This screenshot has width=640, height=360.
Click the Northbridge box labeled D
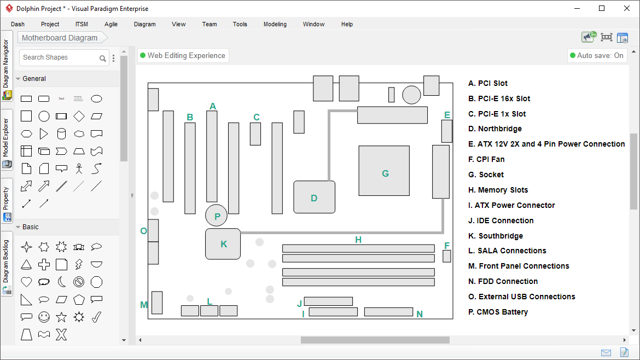[x=314, y=197]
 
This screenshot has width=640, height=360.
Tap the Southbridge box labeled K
[x=223, y=244]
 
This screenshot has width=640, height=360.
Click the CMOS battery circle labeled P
[x=216, y=216]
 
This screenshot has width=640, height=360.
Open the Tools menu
[x=240, y=24]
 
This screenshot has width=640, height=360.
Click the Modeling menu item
[x=275, y=24]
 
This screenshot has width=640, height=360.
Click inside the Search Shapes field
[x=59, y=57]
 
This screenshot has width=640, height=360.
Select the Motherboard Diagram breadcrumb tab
[x=60, y=38]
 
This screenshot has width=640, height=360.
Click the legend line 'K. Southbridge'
[x=496, y=236]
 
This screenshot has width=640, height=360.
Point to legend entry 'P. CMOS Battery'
[x=498, y=312]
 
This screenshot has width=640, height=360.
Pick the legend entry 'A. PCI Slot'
[x=488, y=83]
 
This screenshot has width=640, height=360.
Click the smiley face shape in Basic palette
[x=44, y=317]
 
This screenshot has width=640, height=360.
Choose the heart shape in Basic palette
[x=26, y=282]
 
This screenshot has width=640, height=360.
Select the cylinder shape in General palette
[x=61, y=133]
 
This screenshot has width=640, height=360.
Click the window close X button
[x=627, y=8]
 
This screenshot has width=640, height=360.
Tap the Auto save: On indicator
[x=597, y=55]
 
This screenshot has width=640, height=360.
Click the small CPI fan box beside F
[x=446, y=256]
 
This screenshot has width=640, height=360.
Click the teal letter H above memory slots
[x=358, y=240]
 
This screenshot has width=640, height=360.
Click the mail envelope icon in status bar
[x=606, y=352]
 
